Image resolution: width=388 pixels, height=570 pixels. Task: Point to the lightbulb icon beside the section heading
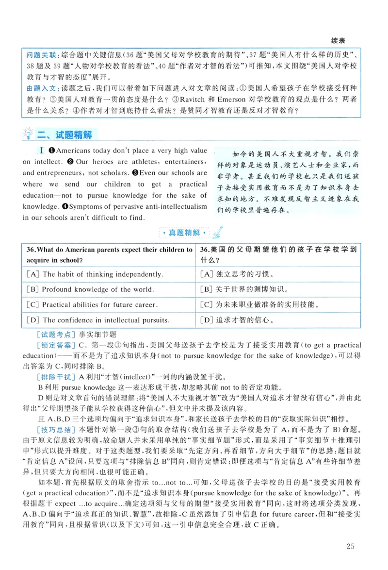coord(29,134)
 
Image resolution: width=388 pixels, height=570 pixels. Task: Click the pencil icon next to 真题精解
coord(218,232)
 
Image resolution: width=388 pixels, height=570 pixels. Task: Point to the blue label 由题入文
coord(41,88)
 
